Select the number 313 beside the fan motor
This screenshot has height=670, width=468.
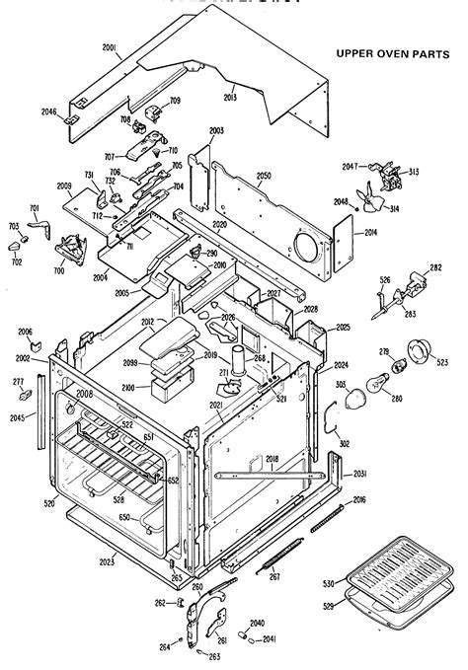(x=414, y=173)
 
